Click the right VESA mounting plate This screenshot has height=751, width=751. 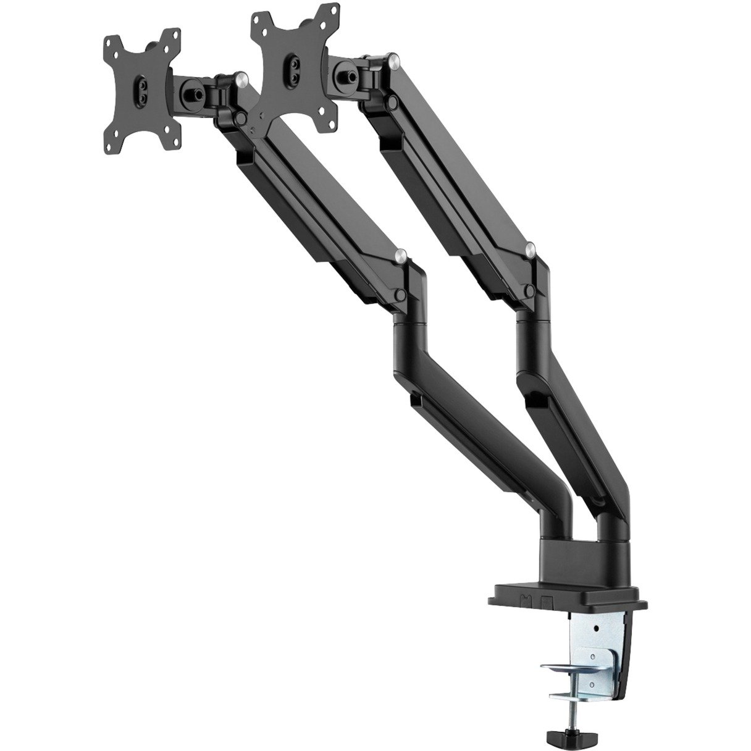290,62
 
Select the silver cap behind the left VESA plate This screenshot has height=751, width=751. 241,77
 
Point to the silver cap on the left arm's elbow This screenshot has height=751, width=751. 401,253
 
